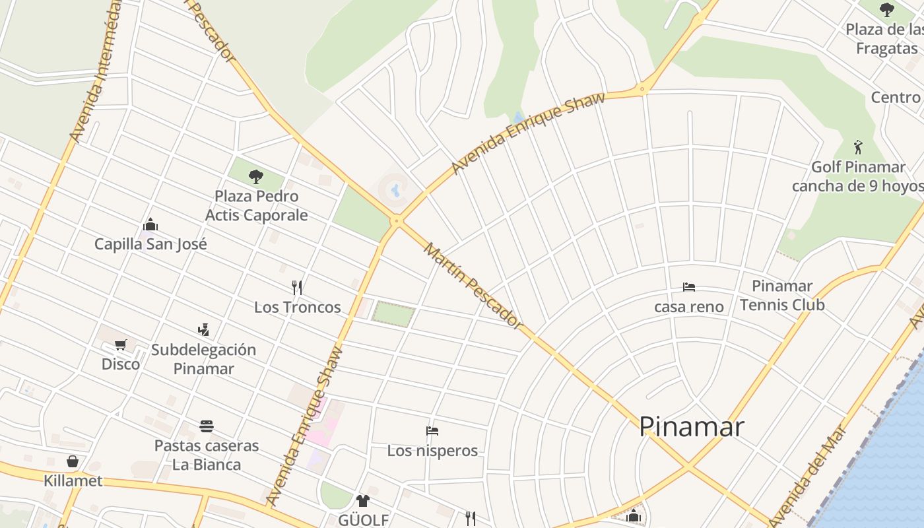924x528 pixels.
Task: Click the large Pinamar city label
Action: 691,427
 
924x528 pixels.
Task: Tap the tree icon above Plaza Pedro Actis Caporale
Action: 256,176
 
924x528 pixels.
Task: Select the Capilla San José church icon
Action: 150,225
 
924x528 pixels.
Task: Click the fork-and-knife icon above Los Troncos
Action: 297,287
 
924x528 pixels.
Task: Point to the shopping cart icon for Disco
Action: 120,345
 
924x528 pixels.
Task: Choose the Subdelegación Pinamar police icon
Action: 203,329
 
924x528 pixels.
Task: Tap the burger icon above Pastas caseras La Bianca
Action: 207,426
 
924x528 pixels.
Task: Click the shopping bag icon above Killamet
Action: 73,461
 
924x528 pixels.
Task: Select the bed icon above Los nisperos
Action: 432,431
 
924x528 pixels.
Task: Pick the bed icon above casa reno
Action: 689,287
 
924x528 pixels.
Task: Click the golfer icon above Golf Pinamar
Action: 858,147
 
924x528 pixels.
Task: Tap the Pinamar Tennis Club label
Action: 782,295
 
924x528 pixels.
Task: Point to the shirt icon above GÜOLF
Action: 362,500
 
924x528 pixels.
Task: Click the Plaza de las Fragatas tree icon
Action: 887,10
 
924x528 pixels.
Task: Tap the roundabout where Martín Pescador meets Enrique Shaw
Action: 397,222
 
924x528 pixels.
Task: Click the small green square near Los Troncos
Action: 393,313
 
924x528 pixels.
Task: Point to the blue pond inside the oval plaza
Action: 395,191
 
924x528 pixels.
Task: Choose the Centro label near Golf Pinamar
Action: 896,98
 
